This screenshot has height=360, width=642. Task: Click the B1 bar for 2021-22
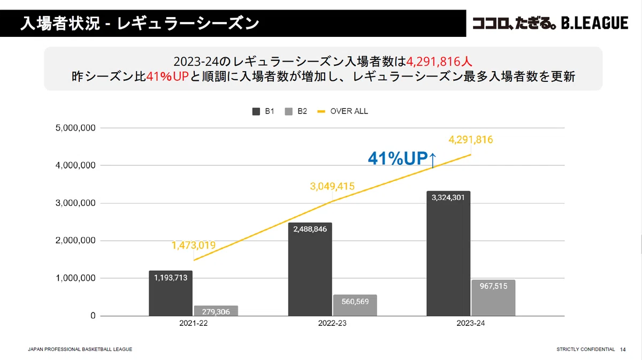point(171,293)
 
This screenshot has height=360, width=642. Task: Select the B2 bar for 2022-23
point(355,305)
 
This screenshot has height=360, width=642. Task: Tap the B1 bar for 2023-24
point(448,254)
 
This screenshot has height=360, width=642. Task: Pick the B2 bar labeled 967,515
point(493,298)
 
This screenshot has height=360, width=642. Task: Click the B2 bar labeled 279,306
point(216,311)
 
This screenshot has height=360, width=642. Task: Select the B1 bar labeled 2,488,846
point(310,269)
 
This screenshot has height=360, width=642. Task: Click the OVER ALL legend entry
point(343,111)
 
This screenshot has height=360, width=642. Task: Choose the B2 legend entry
point(296,111)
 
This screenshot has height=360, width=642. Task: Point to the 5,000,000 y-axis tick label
point(75,128)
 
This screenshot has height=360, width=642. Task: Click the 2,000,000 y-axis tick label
point(75,241)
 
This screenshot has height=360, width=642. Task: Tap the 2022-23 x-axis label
point(332,323)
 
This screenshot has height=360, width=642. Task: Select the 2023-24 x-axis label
point(471,323)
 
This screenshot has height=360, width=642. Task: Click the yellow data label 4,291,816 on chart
point(471,140)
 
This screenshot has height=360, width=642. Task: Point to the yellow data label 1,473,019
point(194,245)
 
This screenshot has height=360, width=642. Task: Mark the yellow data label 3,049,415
point(332,186)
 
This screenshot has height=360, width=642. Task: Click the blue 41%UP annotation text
point(398,158)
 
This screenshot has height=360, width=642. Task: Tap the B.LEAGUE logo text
point(595,23)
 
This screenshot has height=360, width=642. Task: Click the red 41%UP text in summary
point(167,76)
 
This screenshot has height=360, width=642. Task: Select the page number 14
point(623,349)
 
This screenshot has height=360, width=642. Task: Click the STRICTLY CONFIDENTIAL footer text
point(585,349)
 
